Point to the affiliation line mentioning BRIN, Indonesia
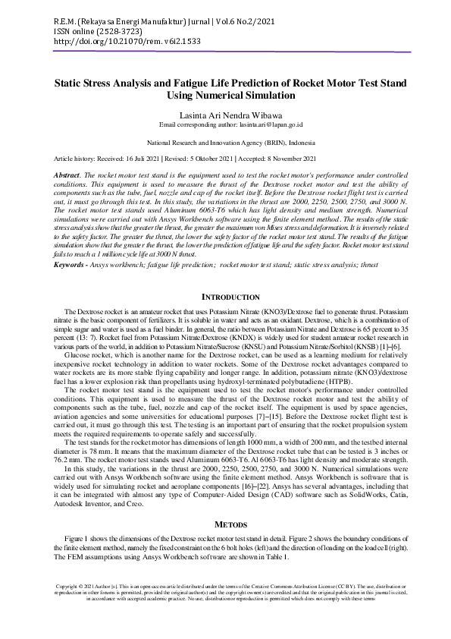[x=225, y=142]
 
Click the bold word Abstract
[x=67, y=175]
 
